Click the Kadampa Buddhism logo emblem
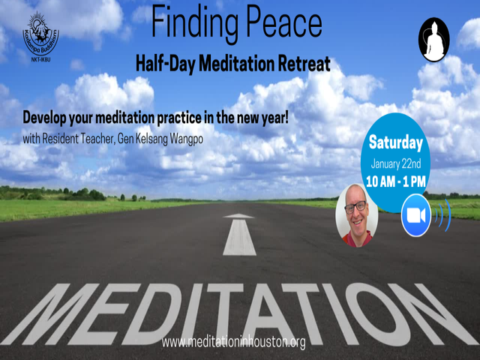[40, 34]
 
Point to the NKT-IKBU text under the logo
[40, 60]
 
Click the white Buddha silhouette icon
[433, 40]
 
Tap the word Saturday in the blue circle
[396, 142]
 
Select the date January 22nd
[396, 164]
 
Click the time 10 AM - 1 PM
[396, 181]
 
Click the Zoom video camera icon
[416, 215]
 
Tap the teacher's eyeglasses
[355, 207]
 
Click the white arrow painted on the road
[239, 235]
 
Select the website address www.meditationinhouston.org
[233, 342]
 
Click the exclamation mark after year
[286, 118]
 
